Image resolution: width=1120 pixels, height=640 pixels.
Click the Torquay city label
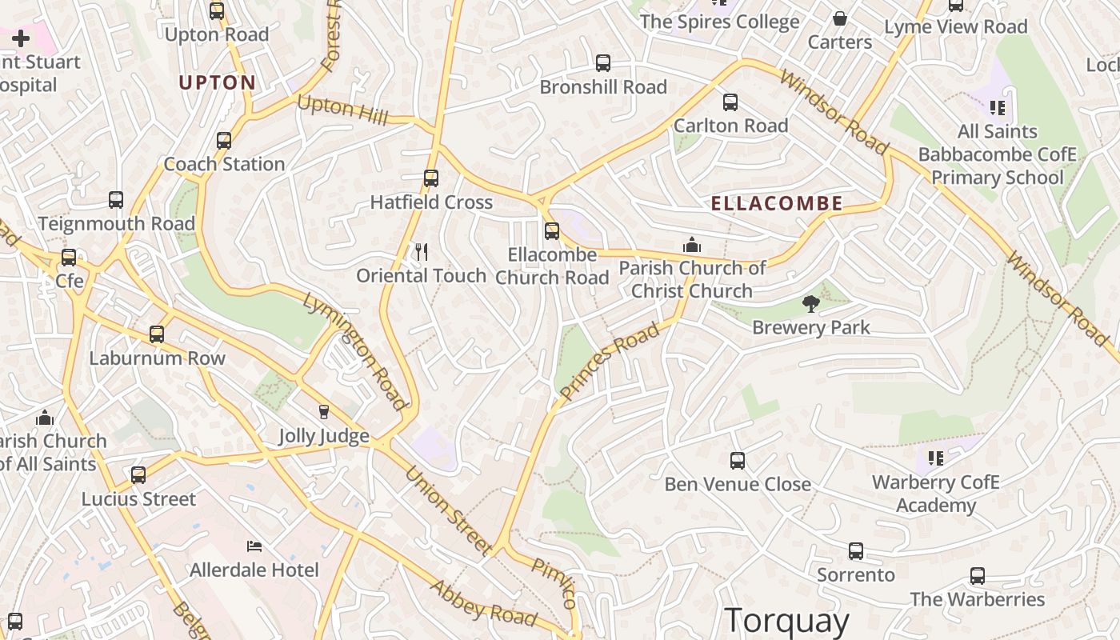click(786, 621)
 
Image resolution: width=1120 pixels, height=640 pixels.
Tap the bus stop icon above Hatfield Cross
click(431, 178)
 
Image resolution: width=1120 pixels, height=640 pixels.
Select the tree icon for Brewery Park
click(811, 303)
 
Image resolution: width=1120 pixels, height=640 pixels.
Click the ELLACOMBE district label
click(777, 203)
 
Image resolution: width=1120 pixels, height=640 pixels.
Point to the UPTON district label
click(217, 82)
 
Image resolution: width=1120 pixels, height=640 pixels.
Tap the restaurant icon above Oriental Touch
click(422, 252)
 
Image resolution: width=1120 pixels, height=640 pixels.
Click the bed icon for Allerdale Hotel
click(254, 546)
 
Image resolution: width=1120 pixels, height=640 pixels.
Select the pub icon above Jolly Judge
click(324, 412)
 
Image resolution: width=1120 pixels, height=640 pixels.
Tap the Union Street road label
click(448, 510)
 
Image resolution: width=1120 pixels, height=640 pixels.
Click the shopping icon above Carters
click(839, 18)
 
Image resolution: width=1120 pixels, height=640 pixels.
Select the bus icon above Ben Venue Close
click(738, 461)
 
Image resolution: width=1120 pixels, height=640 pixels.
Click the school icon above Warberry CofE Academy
click(935, 458)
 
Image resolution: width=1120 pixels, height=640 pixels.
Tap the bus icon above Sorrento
click(856, 551)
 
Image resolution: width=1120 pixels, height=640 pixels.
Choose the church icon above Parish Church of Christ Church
click(692, 244)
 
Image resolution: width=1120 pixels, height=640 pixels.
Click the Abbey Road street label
click(483, 602)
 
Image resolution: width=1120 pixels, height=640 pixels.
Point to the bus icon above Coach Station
click(224, 141)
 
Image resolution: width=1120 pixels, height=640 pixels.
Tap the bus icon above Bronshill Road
click(603, 63)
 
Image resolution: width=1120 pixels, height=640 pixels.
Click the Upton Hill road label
click(342, 110)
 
